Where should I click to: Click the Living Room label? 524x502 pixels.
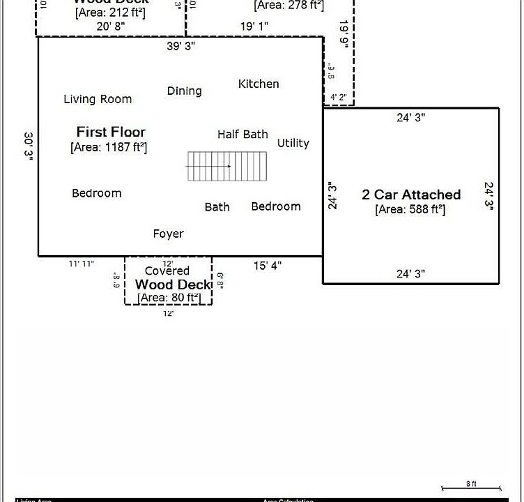(x=98, y=99)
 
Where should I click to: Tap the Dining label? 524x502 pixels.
(x=185, y=91)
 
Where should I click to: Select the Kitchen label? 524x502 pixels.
(x=259, y=84)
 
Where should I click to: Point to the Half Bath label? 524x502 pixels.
(x=242, y=134)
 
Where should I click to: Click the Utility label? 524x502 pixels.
(x=293, y=143)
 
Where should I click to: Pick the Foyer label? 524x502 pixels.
(x=169, y=234)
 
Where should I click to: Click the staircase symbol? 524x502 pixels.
(x=227, y=167)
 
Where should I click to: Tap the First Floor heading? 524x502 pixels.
(x=111, y=132)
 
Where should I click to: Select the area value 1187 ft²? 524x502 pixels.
(x=109, y=147)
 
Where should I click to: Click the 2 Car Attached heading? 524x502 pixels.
(x=411, y=195)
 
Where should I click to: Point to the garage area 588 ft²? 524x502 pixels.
(x=410, y=209)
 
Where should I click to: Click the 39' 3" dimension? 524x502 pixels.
(x=181, y=46)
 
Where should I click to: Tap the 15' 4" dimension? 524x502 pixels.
(x=268, y=266)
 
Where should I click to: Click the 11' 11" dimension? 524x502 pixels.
(x=82, y=264)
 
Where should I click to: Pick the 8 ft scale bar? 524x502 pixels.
(x=472, y=487)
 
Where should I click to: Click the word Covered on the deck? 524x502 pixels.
(x=167, y=271)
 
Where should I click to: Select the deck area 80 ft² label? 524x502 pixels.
(x=169, y=298)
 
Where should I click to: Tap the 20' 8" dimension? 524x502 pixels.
(x=111, y=26)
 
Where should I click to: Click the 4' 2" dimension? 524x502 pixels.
(x=339, y=97)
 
